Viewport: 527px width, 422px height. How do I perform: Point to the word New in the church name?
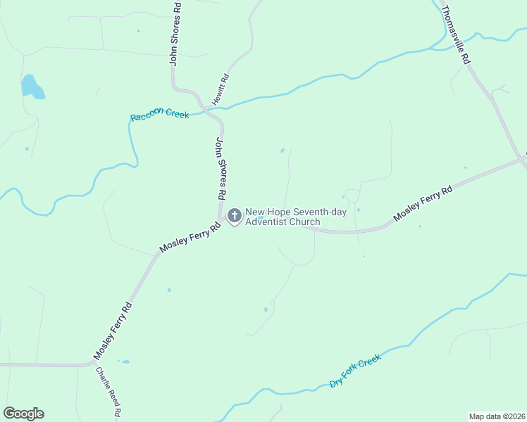tap(256, 212)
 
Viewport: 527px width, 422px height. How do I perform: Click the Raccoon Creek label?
tap(159, 114)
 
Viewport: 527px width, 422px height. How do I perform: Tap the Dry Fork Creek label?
tap(355, 371)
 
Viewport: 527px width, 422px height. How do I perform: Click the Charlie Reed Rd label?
tap(109, 392)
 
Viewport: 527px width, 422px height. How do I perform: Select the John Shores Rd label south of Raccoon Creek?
tap(221, 168)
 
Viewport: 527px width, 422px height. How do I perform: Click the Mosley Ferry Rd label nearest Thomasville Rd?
tap(423, 203)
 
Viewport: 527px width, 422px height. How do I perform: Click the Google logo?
tap(23, 414)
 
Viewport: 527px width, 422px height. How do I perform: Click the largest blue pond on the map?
tap(32, 87)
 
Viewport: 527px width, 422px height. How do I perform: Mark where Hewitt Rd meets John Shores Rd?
tap(206, 107)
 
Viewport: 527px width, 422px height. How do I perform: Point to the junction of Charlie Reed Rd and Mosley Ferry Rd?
tap(94, 364)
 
